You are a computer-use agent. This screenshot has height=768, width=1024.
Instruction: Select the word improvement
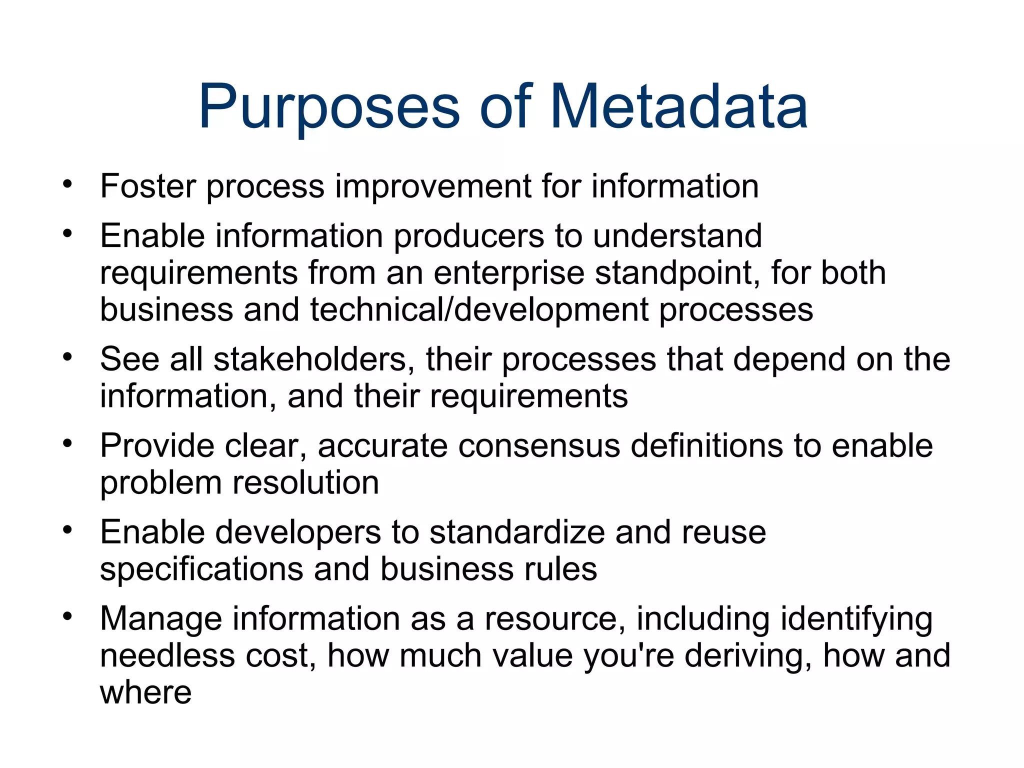[432, 186]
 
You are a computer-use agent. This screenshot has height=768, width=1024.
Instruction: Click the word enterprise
[509, 273]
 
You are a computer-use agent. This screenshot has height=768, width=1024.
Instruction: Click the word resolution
[305, 483]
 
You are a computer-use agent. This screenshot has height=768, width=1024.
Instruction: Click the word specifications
[201, 569]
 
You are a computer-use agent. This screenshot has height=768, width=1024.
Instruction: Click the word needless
[167, 655]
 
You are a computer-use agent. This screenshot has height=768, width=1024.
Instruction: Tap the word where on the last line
[145, 693]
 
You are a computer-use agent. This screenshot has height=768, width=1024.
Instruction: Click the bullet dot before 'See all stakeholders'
[67, 357]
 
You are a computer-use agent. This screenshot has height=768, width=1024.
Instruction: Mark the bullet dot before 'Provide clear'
[67, 443]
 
